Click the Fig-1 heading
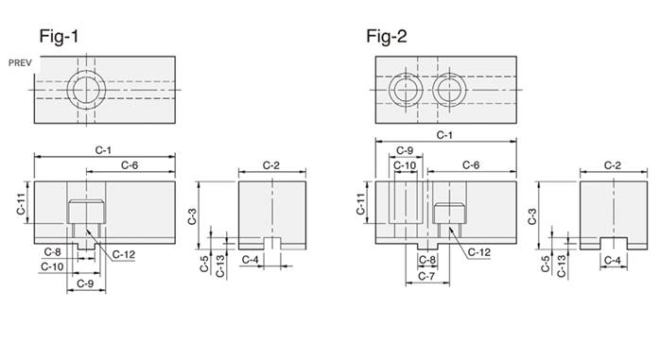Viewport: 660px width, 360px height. [x=59, y=36]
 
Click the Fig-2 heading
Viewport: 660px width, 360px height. [x=387, y=36]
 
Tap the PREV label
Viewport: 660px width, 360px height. [x=20, y=63]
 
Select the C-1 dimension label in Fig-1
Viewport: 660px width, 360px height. [x=104, y=150]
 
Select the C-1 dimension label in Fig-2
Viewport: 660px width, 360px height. [x=444, y=135]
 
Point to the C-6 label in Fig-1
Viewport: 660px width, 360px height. [x=130, y=165]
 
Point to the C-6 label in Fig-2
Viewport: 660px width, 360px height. [x=471, y=165]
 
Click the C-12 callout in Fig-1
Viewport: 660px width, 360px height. [x=124, y=254]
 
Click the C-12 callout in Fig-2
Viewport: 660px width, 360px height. [x=479, y=252]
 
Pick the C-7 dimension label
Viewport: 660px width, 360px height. [x=426, y=276]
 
